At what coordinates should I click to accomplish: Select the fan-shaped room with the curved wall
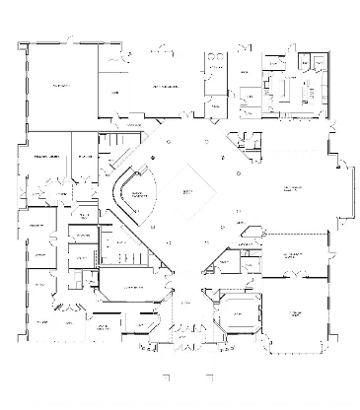(136, 193)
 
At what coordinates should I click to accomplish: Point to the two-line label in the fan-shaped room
(139, 195)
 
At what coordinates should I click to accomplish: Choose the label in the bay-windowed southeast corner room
(293, 313)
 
